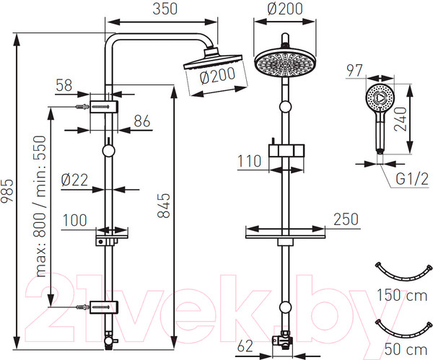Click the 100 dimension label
click(x=76, y=219)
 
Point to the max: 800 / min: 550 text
click(x=41, y=206)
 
